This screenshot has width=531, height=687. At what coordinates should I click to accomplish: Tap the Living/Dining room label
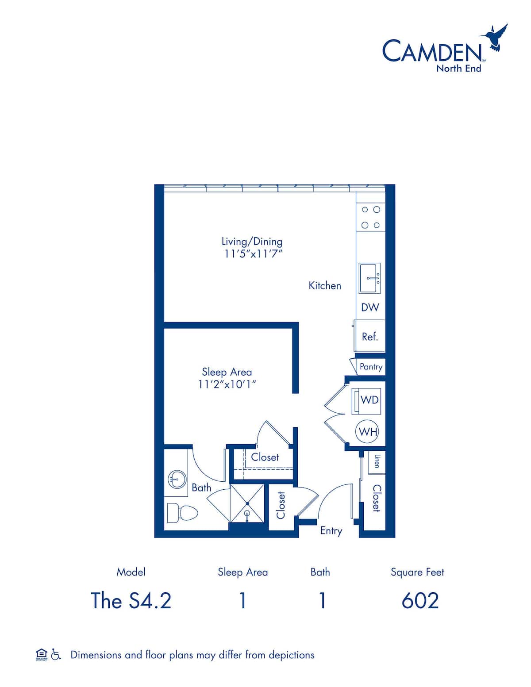[x=252, y=242]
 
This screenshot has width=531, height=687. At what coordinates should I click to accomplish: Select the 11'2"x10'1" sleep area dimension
[x=227, y=384]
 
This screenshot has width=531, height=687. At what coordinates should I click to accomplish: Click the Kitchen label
[x=325, y=286]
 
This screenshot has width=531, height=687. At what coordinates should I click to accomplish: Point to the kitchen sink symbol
[x=370, y=278]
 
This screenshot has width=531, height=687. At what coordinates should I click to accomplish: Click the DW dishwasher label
[x=370, y=307]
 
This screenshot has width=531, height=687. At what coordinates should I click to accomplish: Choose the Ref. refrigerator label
[x=370, y=337]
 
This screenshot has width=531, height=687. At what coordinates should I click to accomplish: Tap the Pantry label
[x=371, y=367]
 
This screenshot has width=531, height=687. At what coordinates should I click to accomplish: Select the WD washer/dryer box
[x=367, y=401]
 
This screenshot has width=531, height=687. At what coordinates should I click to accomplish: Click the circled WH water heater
[x=368, y=431]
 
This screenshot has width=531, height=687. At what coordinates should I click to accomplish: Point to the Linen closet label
[x=377, y=461]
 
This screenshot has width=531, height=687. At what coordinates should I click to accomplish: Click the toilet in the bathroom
[x=181, y=513]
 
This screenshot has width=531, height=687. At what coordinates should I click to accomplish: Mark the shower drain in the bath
[x=247, y=513]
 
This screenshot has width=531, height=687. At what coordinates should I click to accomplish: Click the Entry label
[x=331, y=530]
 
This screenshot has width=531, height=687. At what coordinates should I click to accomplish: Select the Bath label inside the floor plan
[x=201, y=488]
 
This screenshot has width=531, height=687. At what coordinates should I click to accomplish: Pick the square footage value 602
[x=420, y=601]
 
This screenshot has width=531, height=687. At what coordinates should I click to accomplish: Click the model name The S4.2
[x=131, y=601]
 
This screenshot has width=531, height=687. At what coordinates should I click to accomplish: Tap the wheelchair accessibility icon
[x=56, y=655]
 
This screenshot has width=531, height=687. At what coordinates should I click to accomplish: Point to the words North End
[x=458, y=69]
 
